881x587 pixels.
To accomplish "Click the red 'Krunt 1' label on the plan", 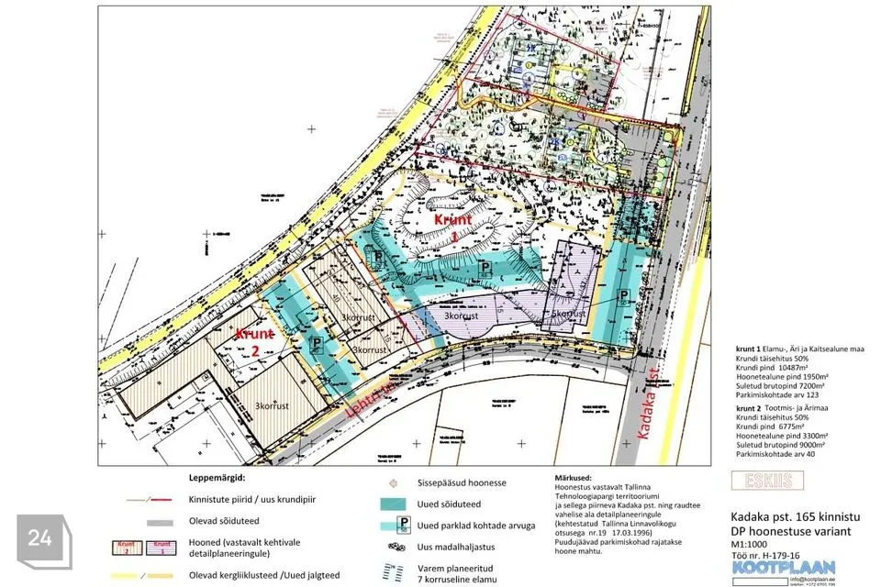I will coord(453,226).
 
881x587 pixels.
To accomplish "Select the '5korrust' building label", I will coord(568,314).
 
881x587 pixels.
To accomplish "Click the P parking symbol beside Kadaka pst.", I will coord(624,294).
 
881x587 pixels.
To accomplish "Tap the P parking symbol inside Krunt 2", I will coord(317,345).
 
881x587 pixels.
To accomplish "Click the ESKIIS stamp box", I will coord(767,480).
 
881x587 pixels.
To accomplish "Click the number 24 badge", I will coord(39,539).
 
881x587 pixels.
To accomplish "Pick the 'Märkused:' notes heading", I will coord(577,479).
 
